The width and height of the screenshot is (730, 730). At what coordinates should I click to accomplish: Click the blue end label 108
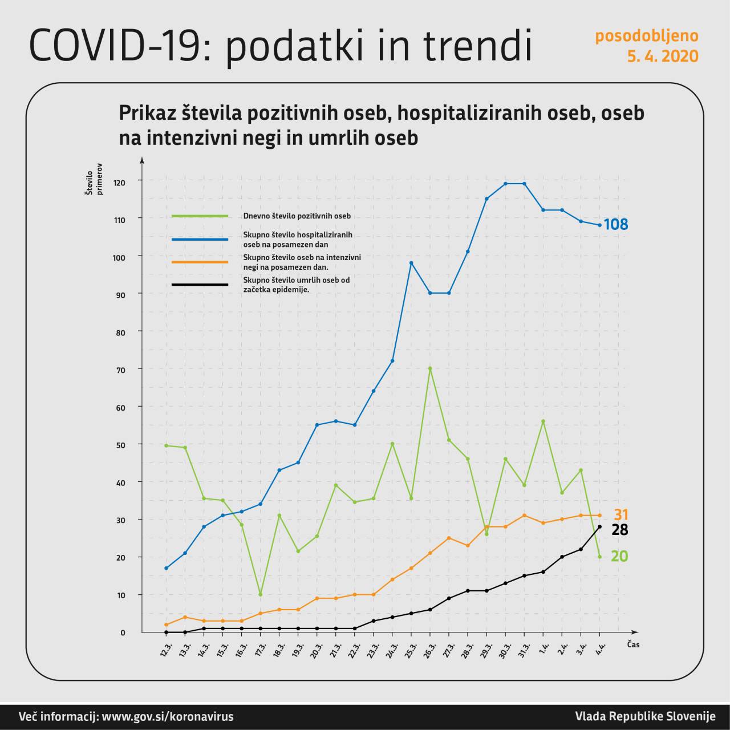point(616,224)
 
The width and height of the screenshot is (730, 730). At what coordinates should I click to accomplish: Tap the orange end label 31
point(621,514)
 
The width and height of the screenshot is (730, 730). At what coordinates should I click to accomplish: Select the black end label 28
point(620,530)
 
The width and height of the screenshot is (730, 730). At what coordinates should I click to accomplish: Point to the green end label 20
point(619,556)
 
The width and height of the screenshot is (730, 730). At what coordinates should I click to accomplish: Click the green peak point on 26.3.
point(430,368)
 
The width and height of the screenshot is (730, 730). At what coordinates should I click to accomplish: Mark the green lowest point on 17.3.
point(261,594)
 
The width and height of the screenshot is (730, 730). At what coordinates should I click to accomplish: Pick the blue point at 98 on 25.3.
point(411,263)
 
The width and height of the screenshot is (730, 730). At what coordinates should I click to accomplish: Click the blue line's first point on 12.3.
point(166,568)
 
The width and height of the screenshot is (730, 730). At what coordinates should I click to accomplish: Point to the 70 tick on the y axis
point(121,370)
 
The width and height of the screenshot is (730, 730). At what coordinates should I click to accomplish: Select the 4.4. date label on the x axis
point(600,650)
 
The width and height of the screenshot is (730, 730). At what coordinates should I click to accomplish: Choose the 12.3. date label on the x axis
point(166,650)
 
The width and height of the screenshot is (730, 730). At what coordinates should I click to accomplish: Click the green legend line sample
point(200,216)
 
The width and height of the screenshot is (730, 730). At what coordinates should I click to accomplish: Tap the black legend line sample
point(200,285)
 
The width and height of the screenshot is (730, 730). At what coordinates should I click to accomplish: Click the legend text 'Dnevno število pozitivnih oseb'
point(297,216)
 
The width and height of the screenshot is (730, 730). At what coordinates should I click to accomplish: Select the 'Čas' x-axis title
point(633,644)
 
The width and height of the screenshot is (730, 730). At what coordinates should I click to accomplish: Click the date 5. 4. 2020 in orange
point(663,56)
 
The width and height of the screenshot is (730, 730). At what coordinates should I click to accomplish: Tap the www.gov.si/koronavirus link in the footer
point(167,717)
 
